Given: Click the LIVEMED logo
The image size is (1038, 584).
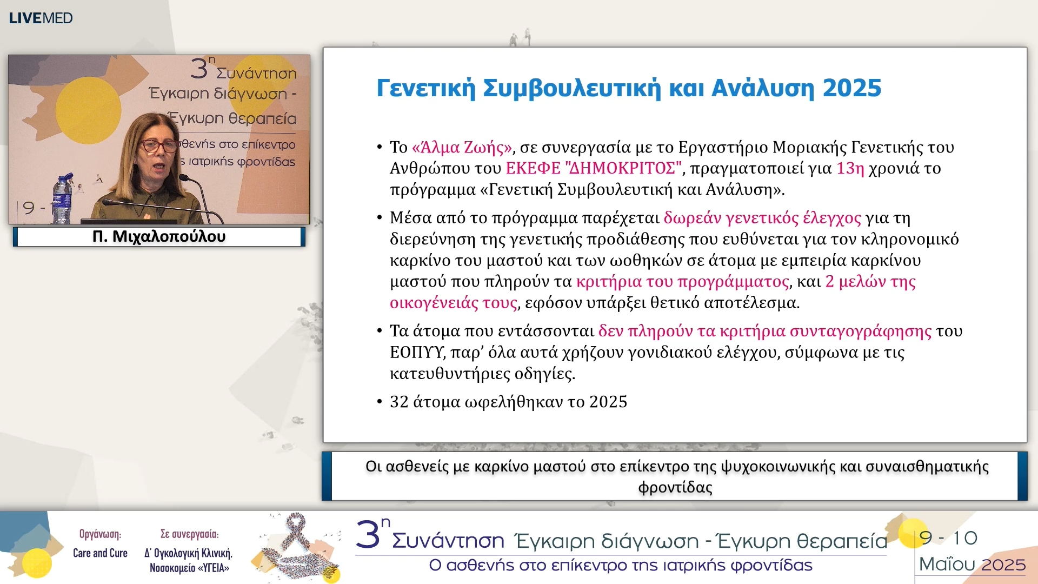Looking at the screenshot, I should (41, 18).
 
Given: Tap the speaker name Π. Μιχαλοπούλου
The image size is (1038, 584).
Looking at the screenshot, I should (158, 236).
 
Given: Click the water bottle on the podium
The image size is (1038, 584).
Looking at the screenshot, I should (62, 200).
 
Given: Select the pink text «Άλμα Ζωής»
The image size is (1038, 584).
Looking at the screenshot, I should (462, 147).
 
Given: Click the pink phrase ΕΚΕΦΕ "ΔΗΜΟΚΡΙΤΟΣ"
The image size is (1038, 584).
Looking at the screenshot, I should (594, 168).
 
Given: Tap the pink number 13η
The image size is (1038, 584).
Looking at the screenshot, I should (850, 168).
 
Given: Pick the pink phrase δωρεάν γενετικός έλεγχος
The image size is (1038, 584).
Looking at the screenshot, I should (762, 218).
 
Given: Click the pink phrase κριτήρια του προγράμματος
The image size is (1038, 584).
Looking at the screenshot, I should (682, 282).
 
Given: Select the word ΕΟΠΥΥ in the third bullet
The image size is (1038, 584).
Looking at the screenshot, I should (416, 353).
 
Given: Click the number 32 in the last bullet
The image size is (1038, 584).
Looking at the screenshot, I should (399, 402).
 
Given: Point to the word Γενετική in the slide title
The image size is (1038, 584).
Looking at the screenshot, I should (425, 88).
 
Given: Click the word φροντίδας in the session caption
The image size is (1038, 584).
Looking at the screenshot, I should (675, 487).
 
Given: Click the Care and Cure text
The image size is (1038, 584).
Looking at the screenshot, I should (100, 553).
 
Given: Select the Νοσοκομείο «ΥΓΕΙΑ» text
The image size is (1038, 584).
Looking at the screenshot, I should (189, 568).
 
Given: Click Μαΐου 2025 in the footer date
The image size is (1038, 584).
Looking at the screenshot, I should (972, 565).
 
